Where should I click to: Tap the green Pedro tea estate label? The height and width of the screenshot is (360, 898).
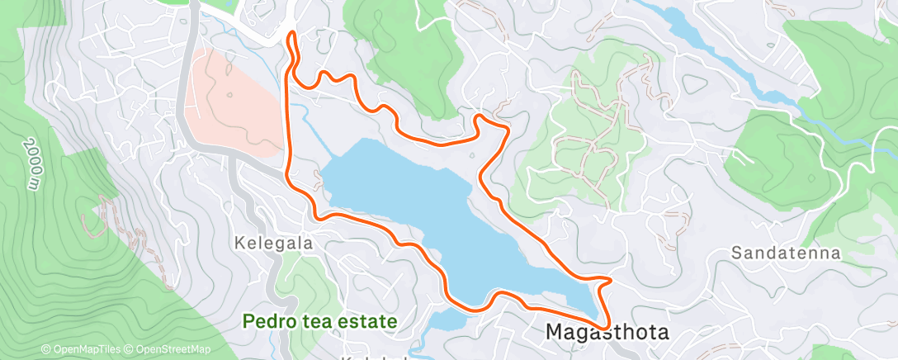pos(320,321)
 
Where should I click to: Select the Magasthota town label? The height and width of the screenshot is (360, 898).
pos(607,333)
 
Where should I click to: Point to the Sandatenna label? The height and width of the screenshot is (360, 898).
pos(786,253)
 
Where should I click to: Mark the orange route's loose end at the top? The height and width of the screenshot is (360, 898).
pos(291,36)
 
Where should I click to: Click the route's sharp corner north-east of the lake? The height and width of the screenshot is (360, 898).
pos(505,126)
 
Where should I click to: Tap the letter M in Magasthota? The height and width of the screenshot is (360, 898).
pos(555,333)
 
